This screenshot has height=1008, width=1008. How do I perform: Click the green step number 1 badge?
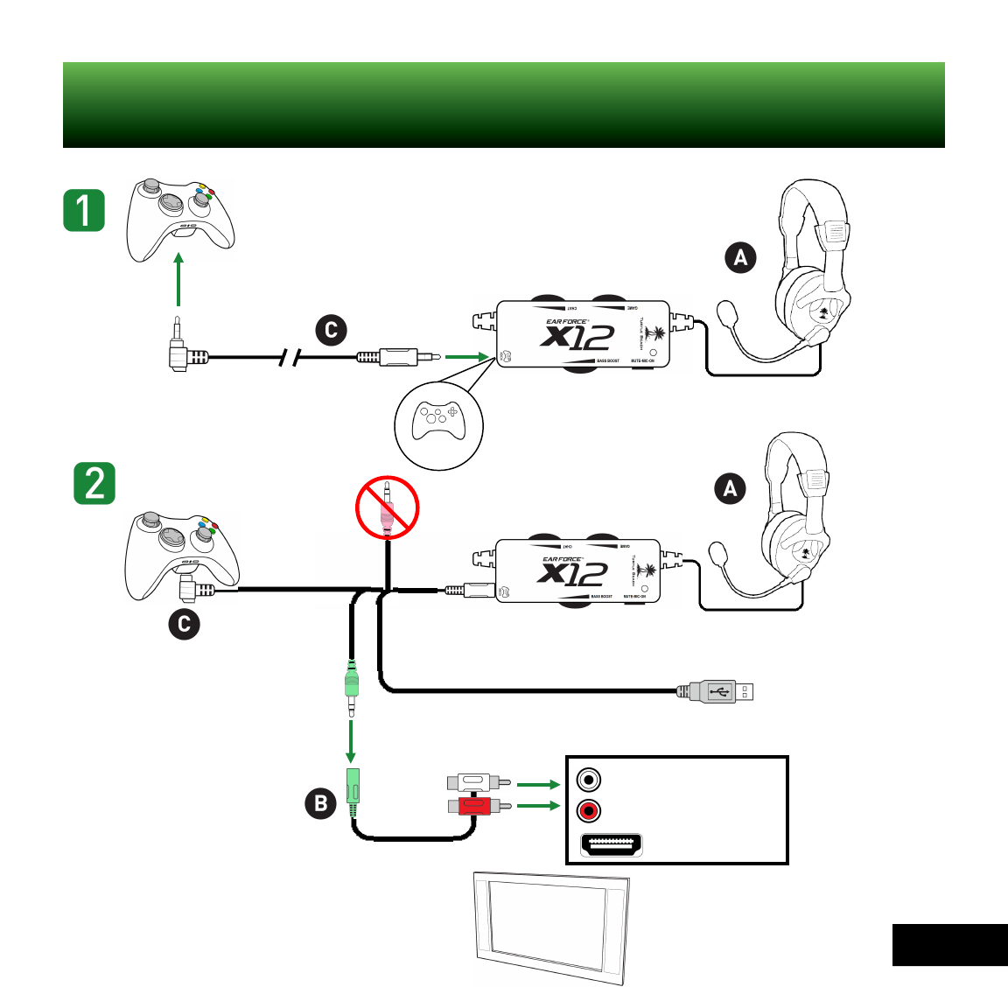click(84, 211)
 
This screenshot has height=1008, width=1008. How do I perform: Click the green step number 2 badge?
click(94, 483)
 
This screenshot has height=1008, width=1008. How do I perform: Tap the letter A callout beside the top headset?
click(740, 257)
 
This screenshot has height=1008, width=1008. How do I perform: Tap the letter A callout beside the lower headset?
click(731, 488)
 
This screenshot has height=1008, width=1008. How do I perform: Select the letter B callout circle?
click(321, 803)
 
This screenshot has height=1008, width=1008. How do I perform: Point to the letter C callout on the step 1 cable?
click(331, 330)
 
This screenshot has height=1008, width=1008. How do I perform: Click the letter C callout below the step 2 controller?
click(184, 624)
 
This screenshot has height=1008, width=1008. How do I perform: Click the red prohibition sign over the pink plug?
click(388, 507)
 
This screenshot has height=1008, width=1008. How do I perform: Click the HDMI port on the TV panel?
click(612, 845)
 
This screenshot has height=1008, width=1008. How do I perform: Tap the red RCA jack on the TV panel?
click(589, 811)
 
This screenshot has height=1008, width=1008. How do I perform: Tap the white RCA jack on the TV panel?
click(589, 779)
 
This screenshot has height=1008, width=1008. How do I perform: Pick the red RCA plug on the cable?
click(477, 804)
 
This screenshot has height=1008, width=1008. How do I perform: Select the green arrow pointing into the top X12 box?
click(465, 356)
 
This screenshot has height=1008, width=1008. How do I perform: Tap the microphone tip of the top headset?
click(726, 311)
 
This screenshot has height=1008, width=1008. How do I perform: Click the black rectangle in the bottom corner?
click(949, 945)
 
